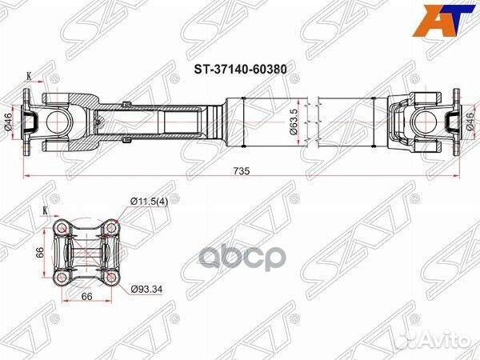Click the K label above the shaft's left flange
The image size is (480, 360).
(30, 76)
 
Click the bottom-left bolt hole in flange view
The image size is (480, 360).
(60, 277)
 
